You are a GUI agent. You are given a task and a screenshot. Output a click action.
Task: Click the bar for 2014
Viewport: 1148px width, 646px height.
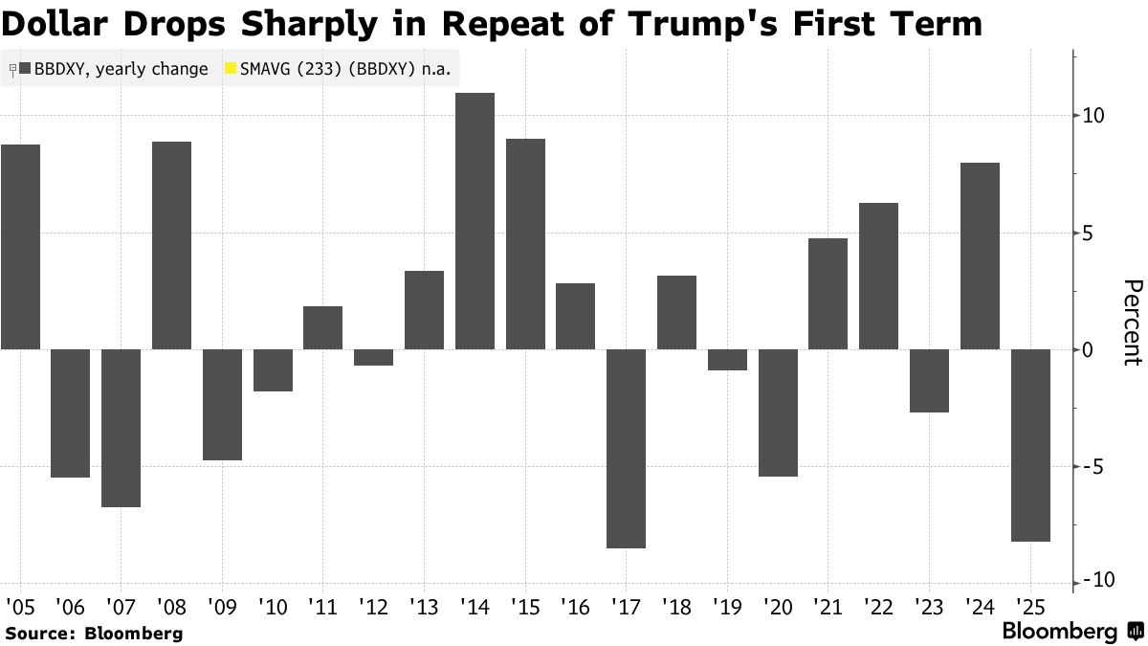tap(475, 221)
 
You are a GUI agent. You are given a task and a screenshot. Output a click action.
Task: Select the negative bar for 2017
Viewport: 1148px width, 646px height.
tap(626, 449)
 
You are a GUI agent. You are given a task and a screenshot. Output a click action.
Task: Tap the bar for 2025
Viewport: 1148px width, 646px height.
tap(1030, 445)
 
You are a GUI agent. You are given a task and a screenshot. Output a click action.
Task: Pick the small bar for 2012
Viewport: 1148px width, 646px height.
tap(373, 357)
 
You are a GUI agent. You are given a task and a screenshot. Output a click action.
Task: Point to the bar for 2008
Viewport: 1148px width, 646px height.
tap(171, 245)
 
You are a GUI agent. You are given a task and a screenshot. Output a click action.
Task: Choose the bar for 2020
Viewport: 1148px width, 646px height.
tap(778, 412)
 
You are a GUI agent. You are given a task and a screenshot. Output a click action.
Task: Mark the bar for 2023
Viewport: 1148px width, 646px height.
tap(929, 381)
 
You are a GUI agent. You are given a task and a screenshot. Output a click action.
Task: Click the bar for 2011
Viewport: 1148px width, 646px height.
tap(322, 327)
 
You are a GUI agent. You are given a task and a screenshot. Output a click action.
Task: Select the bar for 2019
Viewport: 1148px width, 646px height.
tap(727, 360)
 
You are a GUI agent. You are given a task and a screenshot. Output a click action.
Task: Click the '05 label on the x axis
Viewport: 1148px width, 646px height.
tap(19, 606)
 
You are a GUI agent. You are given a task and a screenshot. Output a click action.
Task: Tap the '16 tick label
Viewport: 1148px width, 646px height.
tap(575, 606)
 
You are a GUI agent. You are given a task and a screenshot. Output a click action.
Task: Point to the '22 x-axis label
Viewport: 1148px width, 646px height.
tap(878, 606)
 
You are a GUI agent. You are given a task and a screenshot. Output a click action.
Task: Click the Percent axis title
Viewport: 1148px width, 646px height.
tap(1133, 323)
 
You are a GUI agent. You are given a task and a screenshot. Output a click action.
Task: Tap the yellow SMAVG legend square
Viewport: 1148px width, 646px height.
tap(230, 69)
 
